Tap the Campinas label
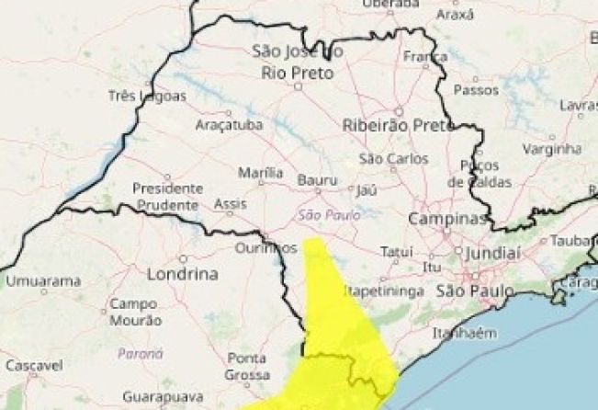(446, 220)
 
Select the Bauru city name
(318, 181)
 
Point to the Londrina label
(183, 274)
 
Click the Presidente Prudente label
(166, 195)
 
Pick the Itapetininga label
(384, 291)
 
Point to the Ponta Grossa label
(247, 366)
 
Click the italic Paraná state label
(141, 353)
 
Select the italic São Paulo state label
(322, 215)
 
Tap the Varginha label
(555, 148)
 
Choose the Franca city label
(424, 57)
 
